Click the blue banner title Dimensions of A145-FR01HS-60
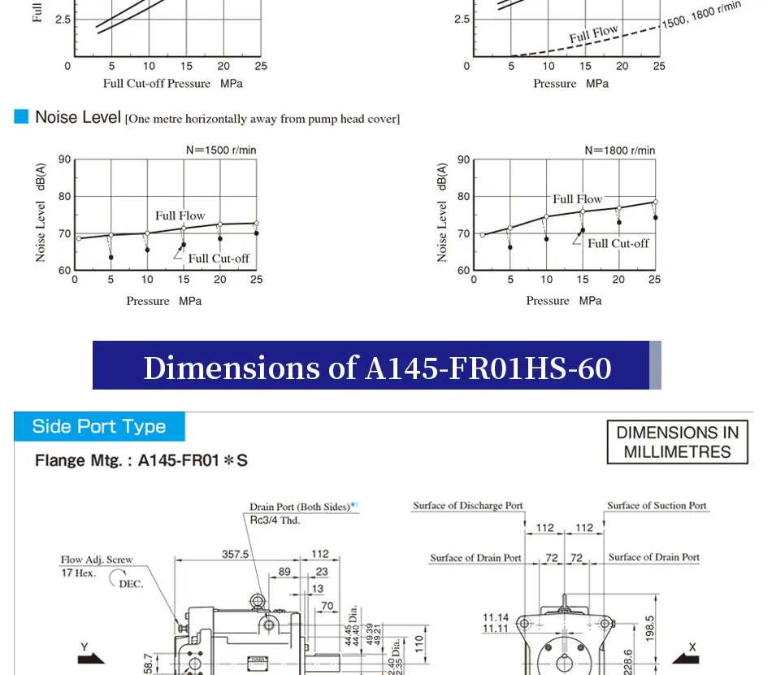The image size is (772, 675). tap(377, 368)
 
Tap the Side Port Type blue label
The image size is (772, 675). tap(99, 427)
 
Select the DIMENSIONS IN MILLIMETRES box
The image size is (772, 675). tap(678, 442)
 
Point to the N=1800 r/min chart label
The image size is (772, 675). tap(620, 150)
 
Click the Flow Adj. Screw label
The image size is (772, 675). tap(97, 560)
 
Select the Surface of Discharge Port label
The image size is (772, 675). tap(468, 506)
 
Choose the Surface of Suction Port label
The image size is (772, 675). tap(657, 506)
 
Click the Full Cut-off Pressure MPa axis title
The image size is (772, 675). tap(172, 83)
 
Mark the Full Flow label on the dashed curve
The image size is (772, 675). tap(593, 34)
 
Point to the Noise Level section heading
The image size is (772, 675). tap(77, 118)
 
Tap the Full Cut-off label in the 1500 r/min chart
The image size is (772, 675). tap(219, 259)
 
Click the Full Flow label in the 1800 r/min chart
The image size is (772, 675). tap(578, 199)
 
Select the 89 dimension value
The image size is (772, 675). tap(284, 572)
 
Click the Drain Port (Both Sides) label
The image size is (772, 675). tap(300, 507)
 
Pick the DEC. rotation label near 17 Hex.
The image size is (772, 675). tap(131, 584)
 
